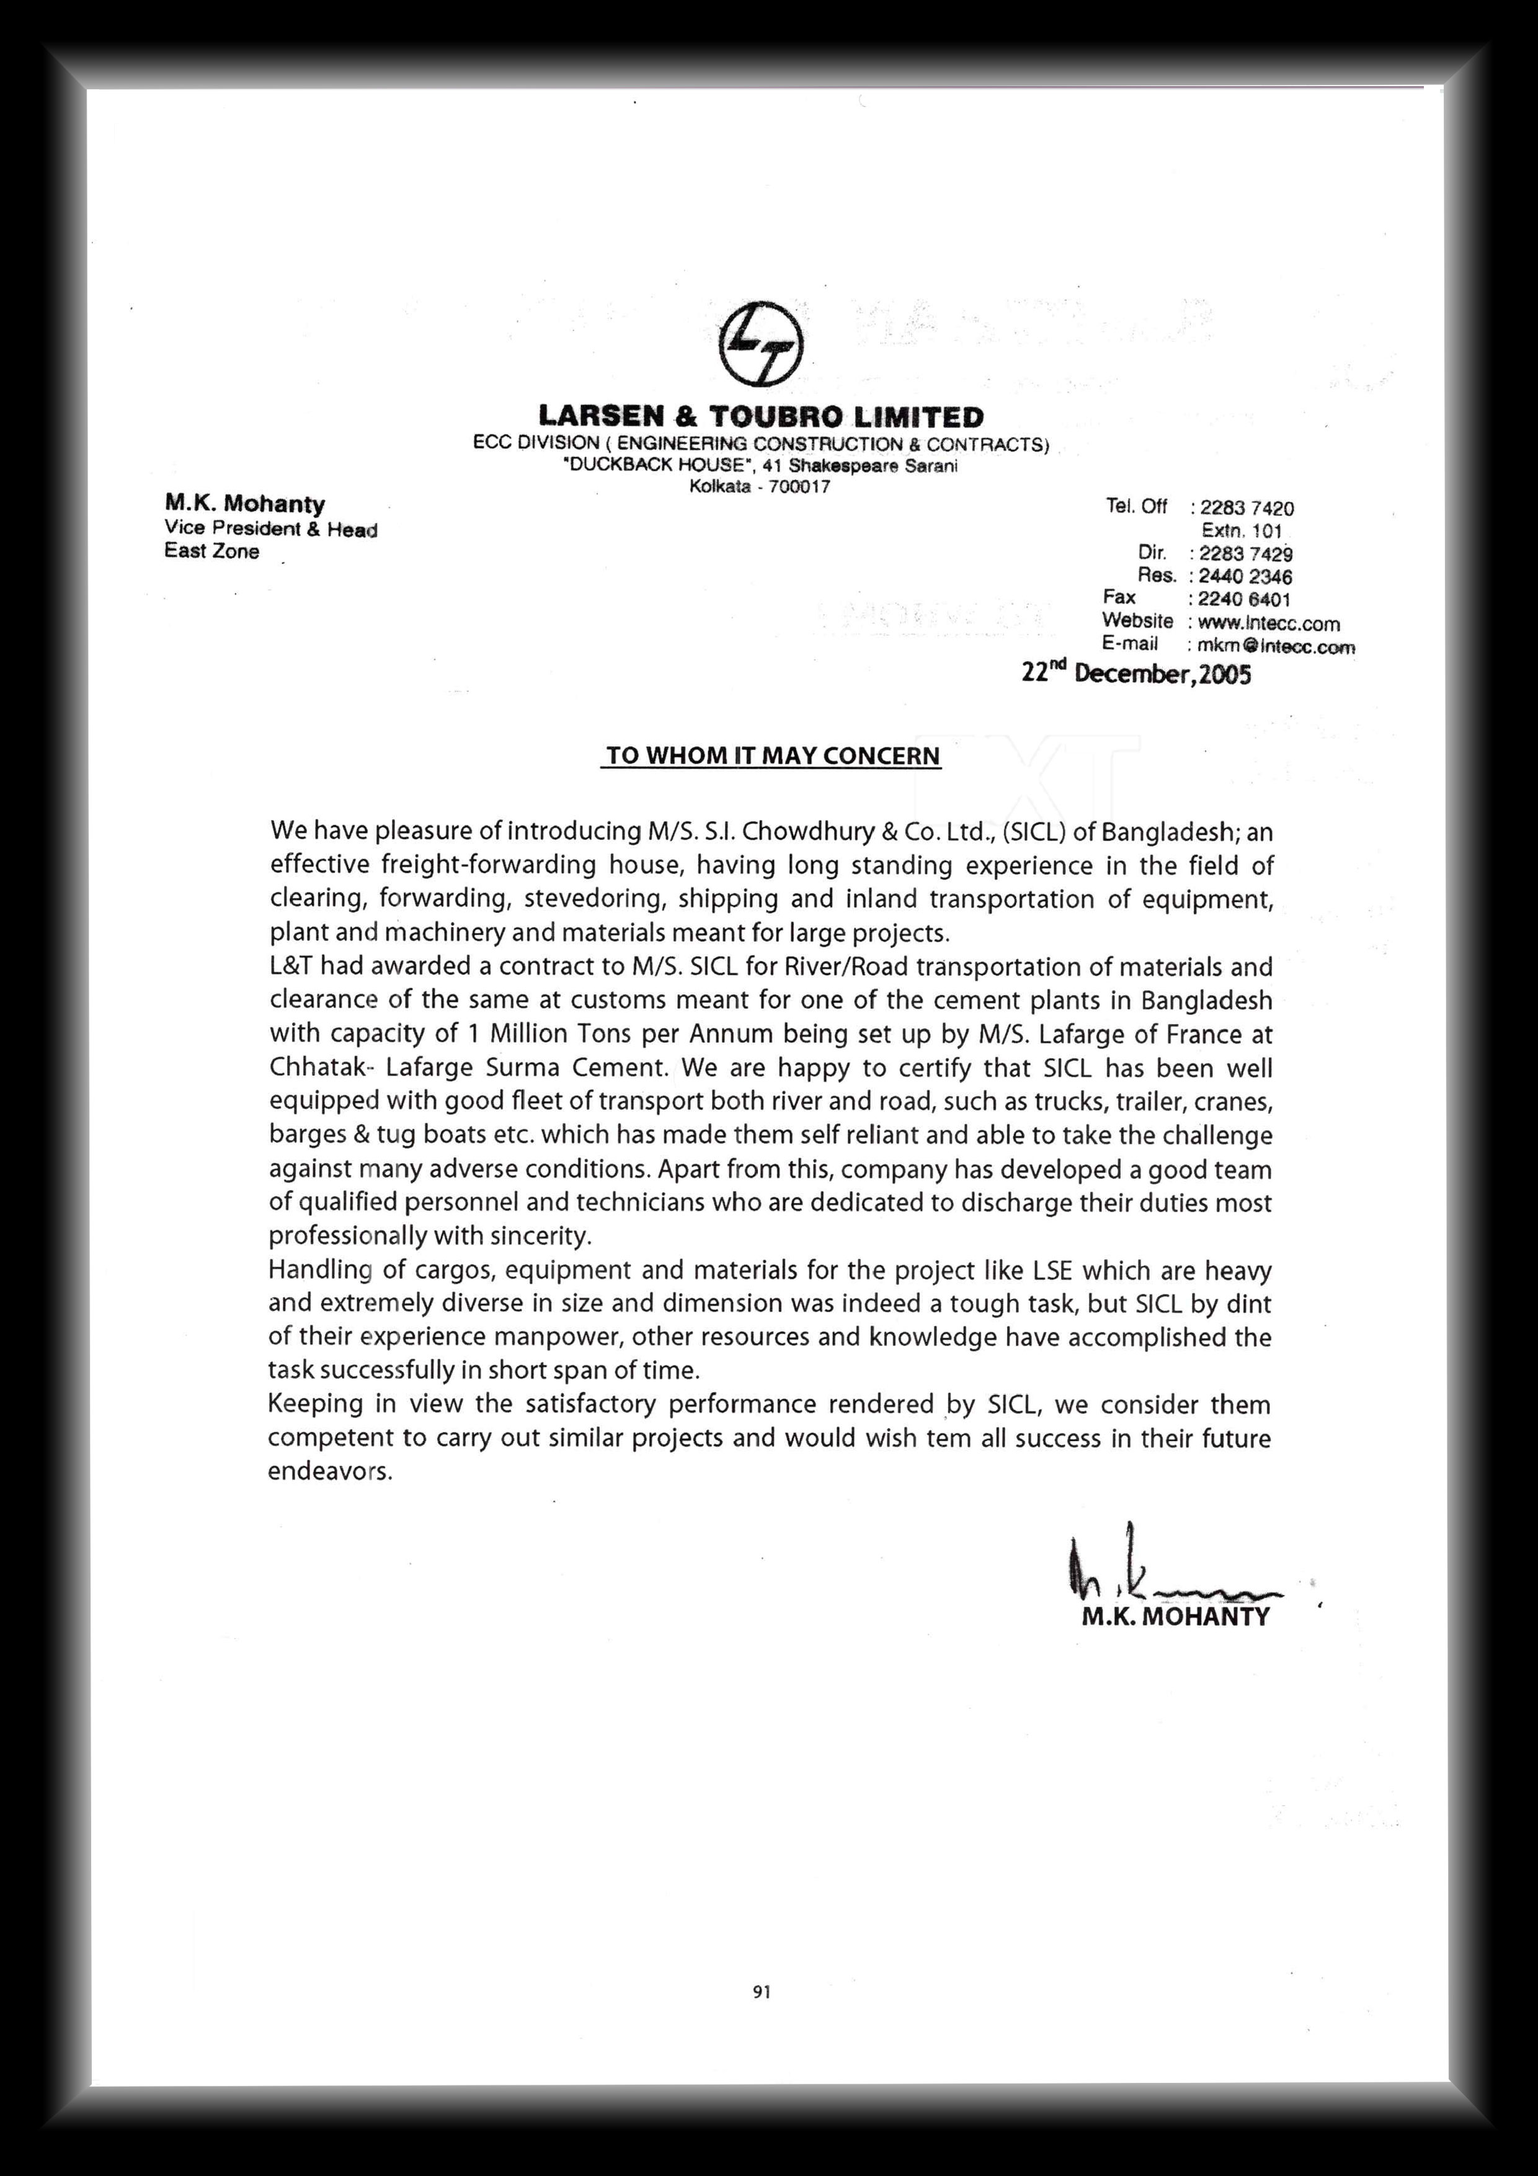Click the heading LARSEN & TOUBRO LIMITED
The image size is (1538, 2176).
click(761, 416)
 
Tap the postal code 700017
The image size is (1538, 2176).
click(801, 487)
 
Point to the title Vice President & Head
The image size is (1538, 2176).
click(270, 530)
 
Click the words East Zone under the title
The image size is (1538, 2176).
click(211, 551)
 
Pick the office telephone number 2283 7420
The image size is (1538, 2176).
click(1246, 509)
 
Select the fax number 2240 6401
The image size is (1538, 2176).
click(1243, 599)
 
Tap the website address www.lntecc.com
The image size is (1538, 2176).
click(1268, 623)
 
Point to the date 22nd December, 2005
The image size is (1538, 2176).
click(1136, 674)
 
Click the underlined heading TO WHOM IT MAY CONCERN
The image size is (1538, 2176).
click(772, 756)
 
